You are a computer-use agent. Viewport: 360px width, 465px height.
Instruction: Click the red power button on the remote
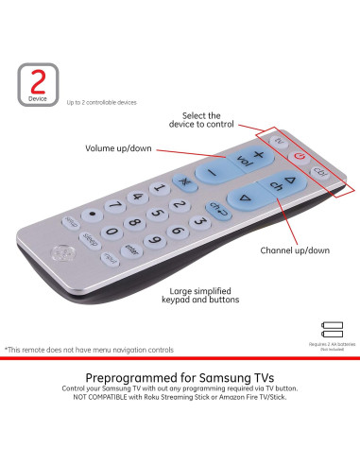click(x=300, y=156)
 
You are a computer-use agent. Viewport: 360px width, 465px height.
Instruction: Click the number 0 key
click(x=112, y=232)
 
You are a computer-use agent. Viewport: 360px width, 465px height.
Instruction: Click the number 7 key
click(x=116, y=205)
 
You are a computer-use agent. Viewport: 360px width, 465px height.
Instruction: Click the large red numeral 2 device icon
click(x=38, y=80)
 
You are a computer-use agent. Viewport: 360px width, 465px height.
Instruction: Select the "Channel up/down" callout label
click(x=295, y=250)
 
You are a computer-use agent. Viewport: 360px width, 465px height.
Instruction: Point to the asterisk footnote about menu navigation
click(x=89, y=349)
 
